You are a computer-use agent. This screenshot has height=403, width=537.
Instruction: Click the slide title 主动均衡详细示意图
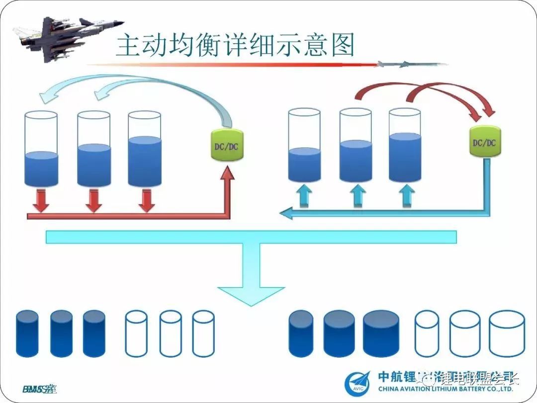[235, 45]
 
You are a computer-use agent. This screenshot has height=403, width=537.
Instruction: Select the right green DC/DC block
[485, 143]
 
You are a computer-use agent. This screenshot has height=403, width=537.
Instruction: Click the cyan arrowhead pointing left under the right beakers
[285, 213]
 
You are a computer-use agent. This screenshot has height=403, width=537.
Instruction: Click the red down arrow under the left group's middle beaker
[93, 200]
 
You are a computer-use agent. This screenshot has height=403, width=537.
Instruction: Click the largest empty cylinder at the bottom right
[507, 334]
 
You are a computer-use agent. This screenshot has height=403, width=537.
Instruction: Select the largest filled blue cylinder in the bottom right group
[381, 334]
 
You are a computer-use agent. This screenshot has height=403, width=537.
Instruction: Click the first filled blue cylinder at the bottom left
[27, 333]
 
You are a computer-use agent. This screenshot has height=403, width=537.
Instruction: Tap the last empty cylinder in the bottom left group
[203, 333]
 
